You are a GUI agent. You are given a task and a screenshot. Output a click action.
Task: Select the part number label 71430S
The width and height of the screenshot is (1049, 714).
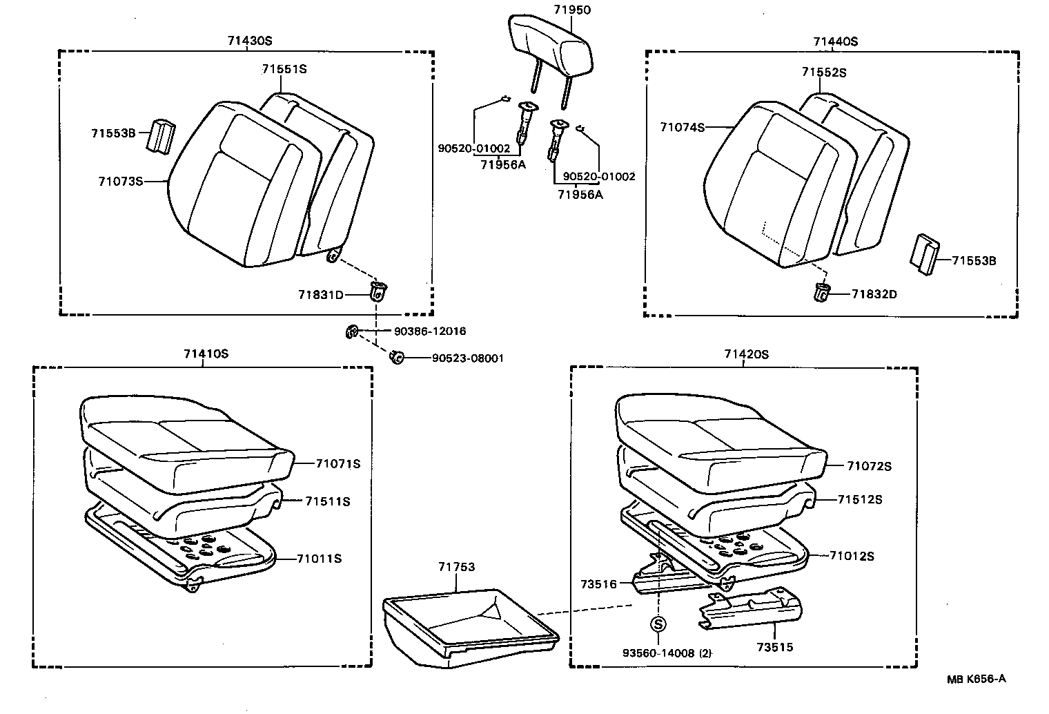(x=250, y=41)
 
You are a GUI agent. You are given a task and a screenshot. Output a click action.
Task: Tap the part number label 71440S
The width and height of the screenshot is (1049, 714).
(x=835, y=41)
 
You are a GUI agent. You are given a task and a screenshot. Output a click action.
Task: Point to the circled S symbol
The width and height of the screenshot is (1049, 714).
(x=658, y=624)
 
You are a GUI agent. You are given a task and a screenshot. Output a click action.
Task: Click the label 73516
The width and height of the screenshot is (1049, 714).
(x=598, y=583)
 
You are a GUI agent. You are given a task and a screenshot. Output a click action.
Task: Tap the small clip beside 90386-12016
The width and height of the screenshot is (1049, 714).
(x=351, y=332)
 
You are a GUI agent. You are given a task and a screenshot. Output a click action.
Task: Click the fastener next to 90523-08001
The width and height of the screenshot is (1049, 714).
(x=397, y=358)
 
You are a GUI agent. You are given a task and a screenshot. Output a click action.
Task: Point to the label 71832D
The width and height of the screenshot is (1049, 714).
(x=874, y=294)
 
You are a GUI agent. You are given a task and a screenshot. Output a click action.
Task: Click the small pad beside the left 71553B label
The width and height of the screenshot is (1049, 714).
(x=160, y=135)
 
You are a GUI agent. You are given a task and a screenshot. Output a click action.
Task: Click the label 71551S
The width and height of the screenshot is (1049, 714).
(x=284, y=69)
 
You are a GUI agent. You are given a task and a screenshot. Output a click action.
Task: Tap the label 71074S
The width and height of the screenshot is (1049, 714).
(x=682, y=127)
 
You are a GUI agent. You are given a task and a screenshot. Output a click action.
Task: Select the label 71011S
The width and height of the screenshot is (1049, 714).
(x=320, y=558)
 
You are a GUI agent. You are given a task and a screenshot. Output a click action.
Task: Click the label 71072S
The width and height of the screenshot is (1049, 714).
(x=869, y=466)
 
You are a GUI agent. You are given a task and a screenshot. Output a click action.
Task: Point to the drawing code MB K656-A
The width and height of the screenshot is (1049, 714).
(x=976, y=679)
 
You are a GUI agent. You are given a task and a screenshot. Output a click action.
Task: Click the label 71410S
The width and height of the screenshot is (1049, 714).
(x=206, y=354)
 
